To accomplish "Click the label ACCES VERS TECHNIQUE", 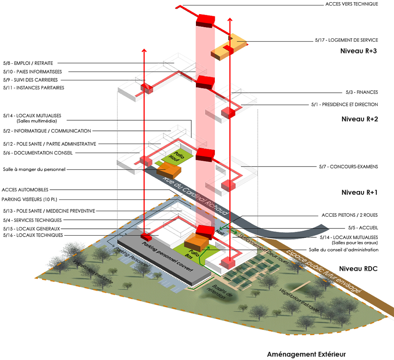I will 351,4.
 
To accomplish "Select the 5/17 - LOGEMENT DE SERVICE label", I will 346,40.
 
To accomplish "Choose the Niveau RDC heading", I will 358,269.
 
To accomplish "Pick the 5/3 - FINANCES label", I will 361,92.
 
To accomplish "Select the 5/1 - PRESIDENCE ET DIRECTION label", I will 344,105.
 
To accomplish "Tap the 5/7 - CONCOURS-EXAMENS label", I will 348,166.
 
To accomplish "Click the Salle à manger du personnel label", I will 34,169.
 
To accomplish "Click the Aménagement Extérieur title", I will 306,354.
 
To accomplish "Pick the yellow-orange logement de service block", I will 229,46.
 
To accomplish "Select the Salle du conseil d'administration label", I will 343,250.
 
